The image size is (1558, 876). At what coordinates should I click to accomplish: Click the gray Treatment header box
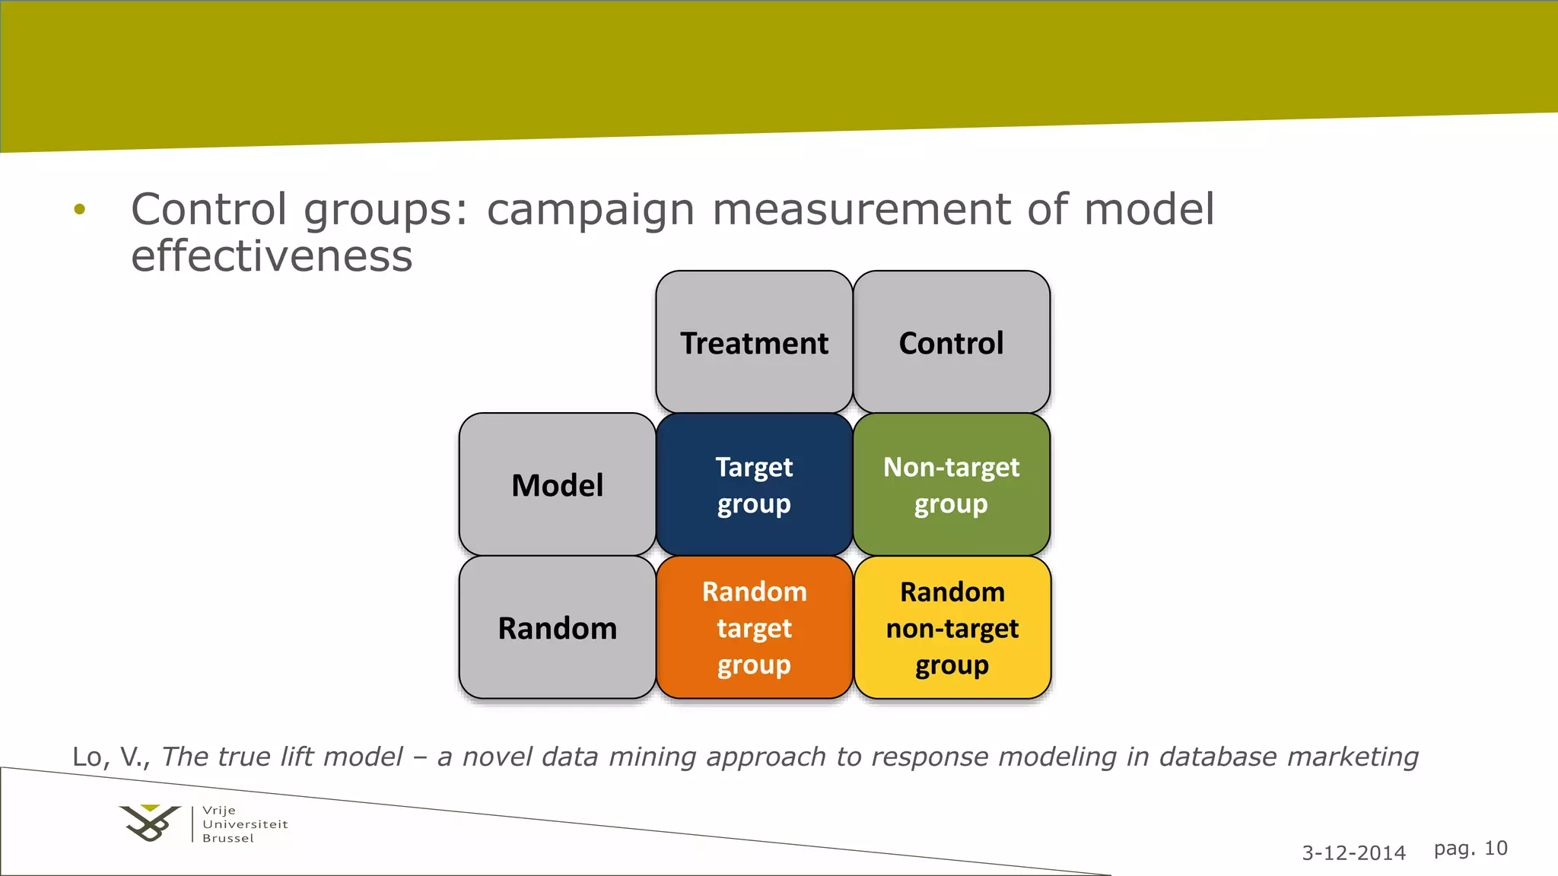click(x=754, y=342)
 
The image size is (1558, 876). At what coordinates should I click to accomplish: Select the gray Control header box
click(x=951, y=342)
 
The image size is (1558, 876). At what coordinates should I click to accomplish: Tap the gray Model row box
click(x=557, y=484)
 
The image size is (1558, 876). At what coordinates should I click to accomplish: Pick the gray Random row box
click(x=557, y=627)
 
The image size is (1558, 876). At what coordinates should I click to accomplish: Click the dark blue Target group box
click(x=754, y=484)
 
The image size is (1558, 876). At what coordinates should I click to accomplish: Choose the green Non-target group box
click(x=951, y=484)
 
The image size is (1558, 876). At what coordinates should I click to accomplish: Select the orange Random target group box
click(x=754, y=627)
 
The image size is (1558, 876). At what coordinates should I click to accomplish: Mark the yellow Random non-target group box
click(x=952, y=627)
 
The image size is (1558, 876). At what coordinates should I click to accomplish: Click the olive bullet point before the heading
click(x=80, y=208)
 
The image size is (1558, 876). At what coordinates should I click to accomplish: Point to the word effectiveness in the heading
click(x=272, y=256)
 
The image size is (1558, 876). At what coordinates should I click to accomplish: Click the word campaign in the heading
click(x=590, y=210)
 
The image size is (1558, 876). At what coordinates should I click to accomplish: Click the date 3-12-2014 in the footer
click(x=1353, y=852)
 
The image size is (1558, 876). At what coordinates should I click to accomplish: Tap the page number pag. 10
click(x=1470, y=848)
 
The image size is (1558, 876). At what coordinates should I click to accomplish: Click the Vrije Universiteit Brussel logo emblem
click(x=150, y=824)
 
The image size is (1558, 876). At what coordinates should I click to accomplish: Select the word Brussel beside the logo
click(x=228, y=838)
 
